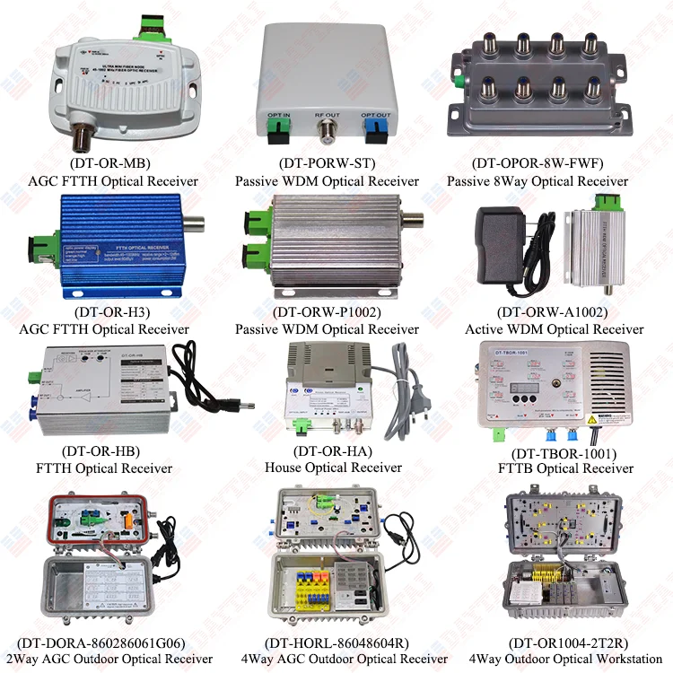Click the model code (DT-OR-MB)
[112, 163]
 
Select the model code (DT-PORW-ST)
[327, 163]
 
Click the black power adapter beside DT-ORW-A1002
[503, 243]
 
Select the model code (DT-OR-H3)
[112, 312]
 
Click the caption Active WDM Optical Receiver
[554, 329]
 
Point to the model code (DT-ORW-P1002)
[327, 312]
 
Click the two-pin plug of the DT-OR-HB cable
[237, 406]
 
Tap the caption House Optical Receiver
[333, 468]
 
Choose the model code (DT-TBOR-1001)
[564, 452]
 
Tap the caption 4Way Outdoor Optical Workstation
[560, 659]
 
